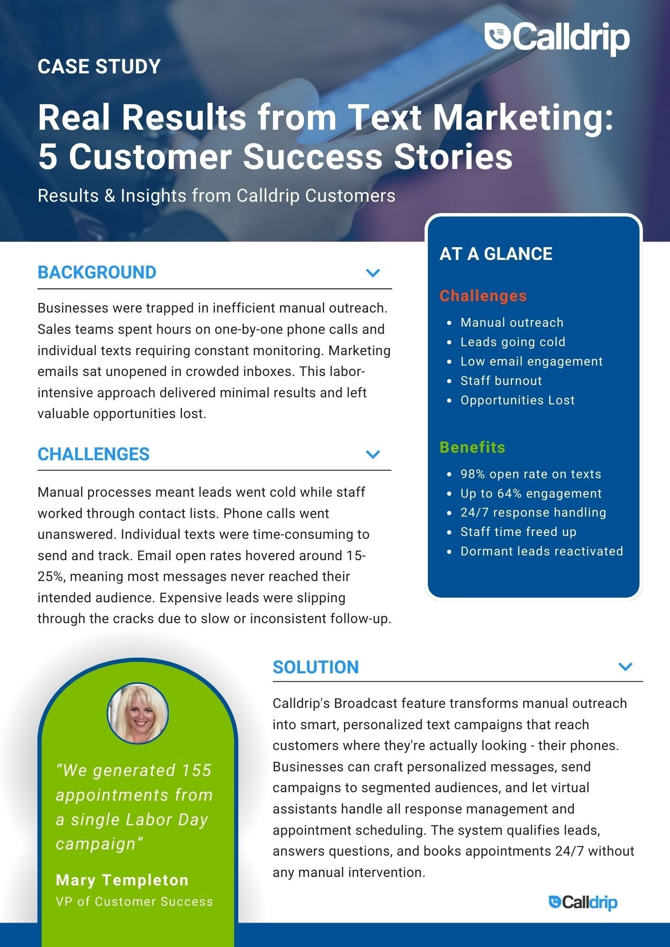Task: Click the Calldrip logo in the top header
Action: click(557, 37)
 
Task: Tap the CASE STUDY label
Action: click(99, 66)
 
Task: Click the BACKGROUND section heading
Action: click(97, 272)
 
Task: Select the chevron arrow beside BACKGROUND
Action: click(373, 273)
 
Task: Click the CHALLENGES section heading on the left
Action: click(93, 454)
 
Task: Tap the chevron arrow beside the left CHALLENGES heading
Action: click(373, 454)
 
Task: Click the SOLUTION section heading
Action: click(316, 667)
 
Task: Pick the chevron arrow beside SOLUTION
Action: click(625, 667)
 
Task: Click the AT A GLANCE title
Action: click(496, 254)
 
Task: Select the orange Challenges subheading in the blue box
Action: click(483, 295)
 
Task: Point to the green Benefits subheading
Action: click(472, 447)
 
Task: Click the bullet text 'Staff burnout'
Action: click(501, 381)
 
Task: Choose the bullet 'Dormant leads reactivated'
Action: click(541, 551)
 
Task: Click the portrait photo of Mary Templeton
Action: click(138, 713)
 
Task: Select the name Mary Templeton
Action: click(122, 880)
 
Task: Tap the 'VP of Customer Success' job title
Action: click(134, 902)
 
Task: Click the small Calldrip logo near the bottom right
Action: click(583, 902)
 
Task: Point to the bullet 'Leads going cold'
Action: click(513, 342)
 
